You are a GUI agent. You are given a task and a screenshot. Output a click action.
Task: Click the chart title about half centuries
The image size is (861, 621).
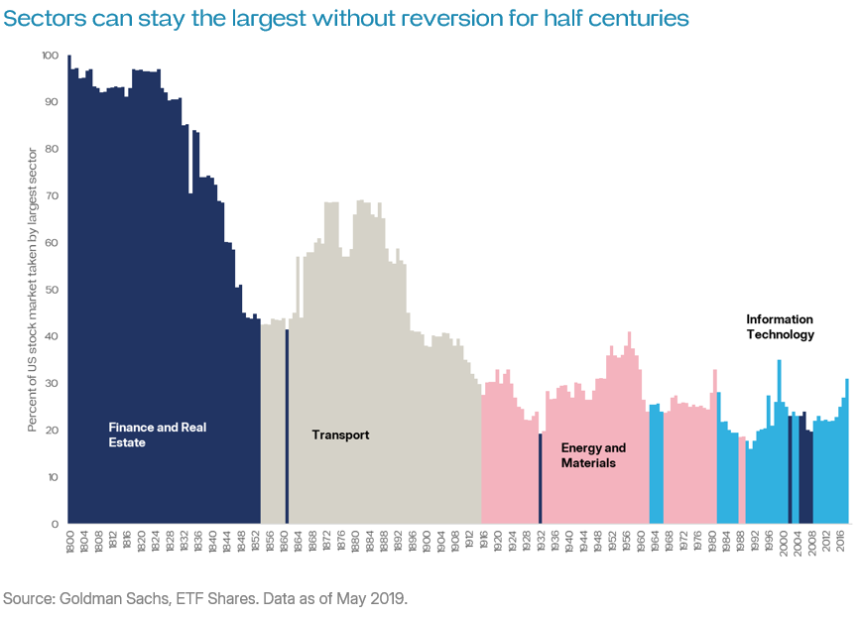point(345,19)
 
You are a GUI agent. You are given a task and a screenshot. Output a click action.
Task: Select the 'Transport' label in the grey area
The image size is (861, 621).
point(340,435)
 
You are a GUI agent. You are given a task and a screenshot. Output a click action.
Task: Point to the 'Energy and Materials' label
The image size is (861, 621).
point(593,455)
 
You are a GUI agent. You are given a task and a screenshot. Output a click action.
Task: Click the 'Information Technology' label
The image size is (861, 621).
point(780,327)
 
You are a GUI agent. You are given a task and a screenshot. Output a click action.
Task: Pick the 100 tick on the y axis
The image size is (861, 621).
point(50,56)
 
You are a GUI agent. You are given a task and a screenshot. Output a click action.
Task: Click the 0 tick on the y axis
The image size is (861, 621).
point(56,524)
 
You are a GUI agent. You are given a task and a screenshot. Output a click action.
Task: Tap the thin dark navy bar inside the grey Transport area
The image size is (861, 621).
point(287,427)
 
